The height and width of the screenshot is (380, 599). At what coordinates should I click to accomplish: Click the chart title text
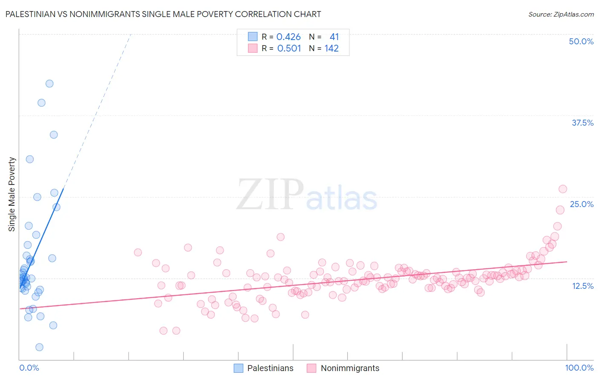[x=163, y=14]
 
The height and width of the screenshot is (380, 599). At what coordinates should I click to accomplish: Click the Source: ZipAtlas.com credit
[x=561, y=14]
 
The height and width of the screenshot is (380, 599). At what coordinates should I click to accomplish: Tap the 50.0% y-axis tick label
[x=581, y=41]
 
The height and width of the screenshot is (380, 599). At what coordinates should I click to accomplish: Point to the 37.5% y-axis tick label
[x=582, y=123]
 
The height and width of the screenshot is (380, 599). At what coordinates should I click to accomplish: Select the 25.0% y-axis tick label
[x=582, y=204]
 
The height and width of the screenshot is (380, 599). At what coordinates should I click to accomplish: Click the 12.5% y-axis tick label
[x=582, y=286]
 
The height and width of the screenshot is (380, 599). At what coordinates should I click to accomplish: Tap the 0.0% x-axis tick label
[x=29, y=368]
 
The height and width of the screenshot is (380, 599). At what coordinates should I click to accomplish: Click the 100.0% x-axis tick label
[x=579, y=368]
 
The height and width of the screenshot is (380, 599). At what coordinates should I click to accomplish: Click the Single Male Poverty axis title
[x=12, y=194]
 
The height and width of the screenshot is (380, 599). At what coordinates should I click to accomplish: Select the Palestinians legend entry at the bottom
[x=270, y=368]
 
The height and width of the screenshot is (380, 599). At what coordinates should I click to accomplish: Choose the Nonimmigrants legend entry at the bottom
[x=350, y=368]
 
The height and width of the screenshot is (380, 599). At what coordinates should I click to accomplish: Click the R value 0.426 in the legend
[x=288, y=37]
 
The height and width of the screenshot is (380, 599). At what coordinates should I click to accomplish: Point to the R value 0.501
[x=289, y=49]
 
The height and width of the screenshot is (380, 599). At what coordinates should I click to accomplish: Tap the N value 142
[x=331, y=49]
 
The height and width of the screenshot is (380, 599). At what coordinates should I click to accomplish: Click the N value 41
[x=334, y=37]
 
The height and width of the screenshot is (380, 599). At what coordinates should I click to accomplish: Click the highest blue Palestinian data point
[x=49, y=83]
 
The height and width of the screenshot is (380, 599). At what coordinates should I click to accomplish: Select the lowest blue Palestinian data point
[x=39, y=347]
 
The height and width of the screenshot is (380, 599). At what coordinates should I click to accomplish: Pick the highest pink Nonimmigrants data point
[x=563, y=189]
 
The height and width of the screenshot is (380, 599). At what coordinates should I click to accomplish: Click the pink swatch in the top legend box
[x=253, y=49]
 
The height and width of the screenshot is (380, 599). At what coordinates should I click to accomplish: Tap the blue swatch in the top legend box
[x=253, y=37]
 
